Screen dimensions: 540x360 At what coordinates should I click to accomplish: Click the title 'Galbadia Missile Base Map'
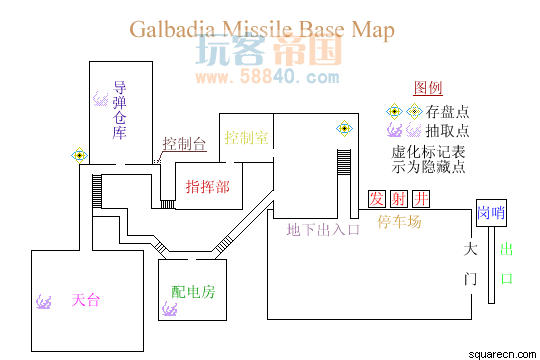tap(262, 30)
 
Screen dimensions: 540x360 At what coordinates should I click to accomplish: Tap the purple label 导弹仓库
tap(120, 110)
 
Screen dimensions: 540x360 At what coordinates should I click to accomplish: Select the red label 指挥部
tap(208, 186)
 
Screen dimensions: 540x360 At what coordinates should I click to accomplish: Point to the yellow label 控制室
tap(246, 137)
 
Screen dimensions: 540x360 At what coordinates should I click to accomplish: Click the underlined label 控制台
tap(184, 143)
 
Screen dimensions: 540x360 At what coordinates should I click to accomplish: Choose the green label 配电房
tap(193, 292)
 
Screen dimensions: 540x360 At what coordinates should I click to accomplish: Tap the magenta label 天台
tap(86, 300)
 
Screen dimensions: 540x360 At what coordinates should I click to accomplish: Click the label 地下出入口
tap(323, 229)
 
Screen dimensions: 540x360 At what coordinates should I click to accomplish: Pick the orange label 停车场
tap(399, 221)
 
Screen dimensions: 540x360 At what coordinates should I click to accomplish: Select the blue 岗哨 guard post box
tap(491, 213)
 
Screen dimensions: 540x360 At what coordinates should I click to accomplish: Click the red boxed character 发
tap(377, 199)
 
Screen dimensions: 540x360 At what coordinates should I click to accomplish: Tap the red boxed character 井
tap(421, 199)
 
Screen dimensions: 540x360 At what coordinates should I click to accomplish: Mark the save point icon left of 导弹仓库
tap(80, 156)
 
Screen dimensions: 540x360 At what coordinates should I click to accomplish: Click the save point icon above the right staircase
tap(344, 128)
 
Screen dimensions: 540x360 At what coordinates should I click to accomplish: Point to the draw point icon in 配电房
tap(170, 309)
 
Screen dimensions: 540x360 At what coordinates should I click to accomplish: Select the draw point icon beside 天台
tap(44, 302)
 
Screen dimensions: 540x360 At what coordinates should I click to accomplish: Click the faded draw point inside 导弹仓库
tap(101, 99)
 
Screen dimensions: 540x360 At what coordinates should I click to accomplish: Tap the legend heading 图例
tap(428, 88)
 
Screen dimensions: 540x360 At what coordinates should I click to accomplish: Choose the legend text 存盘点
tap(447, 112)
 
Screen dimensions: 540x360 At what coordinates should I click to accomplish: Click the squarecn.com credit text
tap(502, 354)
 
